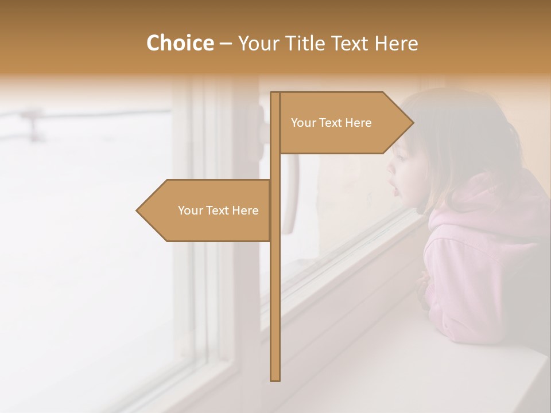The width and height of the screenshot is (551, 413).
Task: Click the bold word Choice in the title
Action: click(x=180, y=44)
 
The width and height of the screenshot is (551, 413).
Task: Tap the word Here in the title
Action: click(x=396, y=44)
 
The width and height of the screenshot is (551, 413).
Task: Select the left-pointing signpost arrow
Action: click(x=207, y=211)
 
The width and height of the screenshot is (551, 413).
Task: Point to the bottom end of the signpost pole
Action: click(x=275, y=378)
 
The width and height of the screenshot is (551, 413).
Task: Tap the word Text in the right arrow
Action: click(x=331, y=123)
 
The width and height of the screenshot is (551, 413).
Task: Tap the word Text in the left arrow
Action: click(x=218, y=211)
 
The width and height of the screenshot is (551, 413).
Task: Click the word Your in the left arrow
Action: click(x=189, y=211)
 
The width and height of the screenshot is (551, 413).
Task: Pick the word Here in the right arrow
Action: click(x=359, y=123)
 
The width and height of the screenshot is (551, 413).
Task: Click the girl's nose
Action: click(x=390, y=169)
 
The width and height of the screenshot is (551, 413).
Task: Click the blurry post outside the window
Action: click(x=34, y=123)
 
